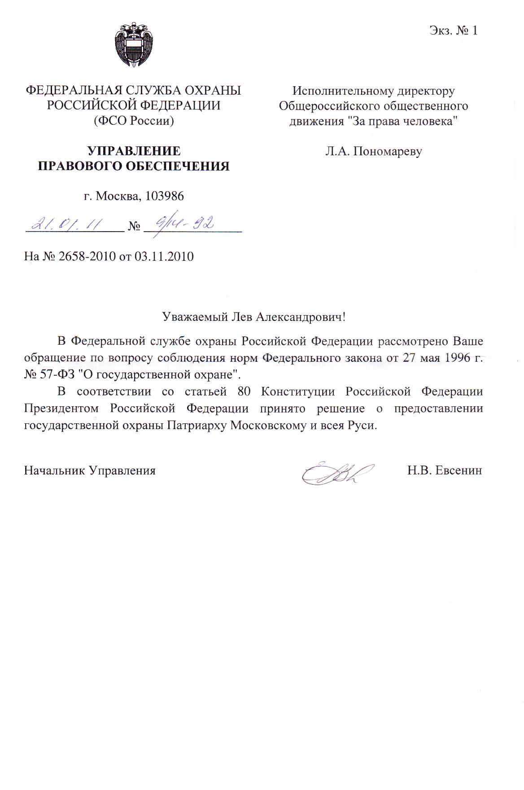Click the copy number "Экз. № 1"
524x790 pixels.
[453, 31]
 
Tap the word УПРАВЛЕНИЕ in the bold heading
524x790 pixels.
[133, 151]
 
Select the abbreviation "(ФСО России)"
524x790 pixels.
[133, 121]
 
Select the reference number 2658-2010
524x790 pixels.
[84, 257]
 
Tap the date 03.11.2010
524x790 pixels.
[167, 257]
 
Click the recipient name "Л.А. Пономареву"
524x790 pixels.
[374, 151]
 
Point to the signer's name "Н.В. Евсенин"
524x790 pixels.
[445, 470]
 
